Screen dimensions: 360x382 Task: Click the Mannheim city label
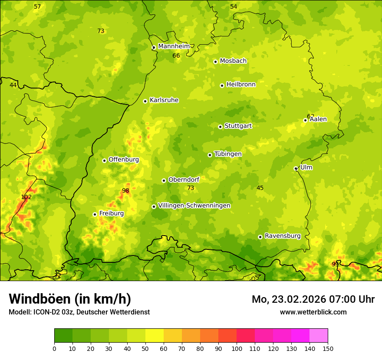174,46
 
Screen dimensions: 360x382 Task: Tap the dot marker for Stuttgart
220,127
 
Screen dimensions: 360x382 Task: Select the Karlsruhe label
164,100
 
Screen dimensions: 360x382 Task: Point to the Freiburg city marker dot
95,214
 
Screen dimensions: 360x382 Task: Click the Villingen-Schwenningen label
194,206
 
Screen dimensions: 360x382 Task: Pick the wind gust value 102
26,197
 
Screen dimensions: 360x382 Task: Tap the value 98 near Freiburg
125,190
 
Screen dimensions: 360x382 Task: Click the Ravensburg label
282,236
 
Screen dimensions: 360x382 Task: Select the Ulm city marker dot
296,168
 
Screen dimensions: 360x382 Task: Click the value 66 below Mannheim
176,56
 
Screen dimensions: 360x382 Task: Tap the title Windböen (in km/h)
69,299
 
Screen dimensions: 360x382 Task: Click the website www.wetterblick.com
313,312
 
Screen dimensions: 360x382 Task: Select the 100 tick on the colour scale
237,348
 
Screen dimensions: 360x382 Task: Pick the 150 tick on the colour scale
328,348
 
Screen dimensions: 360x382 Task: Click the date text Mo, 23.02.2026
288,299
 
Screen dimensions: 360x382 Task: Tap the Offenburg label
123,160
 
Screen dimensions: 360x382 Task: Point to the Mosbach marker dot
215,62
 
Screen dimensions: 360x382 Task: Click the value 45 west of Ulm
260,188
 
